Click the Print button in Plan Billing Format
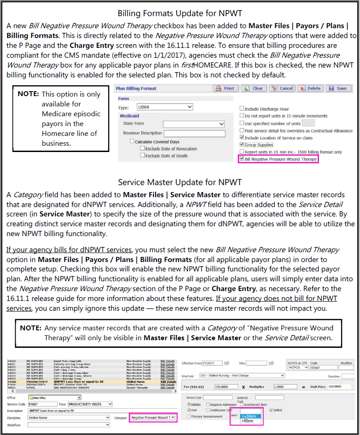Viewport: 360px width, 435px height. click(x=225, y=89)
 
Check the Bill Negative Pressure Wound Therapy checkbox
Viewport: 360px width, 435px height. click(x=242, y=159)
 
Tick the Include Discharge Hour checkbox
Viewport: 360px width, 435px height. click(x=242, y=109)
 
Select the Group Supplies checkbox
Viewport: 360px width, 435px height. click(x=242, y=145)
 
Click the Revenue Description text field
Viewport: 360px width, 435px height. click(x=194, y=133)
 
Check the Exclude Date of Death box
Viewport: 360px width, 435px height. click(x=143, y=156)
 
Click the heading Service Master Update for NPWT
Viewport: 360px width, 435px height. click(x=180, y=182)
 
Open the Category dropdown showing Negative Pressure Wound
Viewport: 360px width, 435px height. click(x=153, y=418)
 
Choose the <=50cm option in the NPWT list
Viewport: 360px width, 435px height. click(x=246, y=415)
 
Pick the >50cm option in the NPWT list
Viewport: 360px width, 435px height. click(x=246, y=421)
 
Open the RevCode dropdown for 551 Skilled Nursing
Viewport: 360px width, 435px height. click(x=243, y=376)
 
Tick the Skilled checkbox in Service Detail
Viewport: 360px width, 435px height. click(x=271, y=410)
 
